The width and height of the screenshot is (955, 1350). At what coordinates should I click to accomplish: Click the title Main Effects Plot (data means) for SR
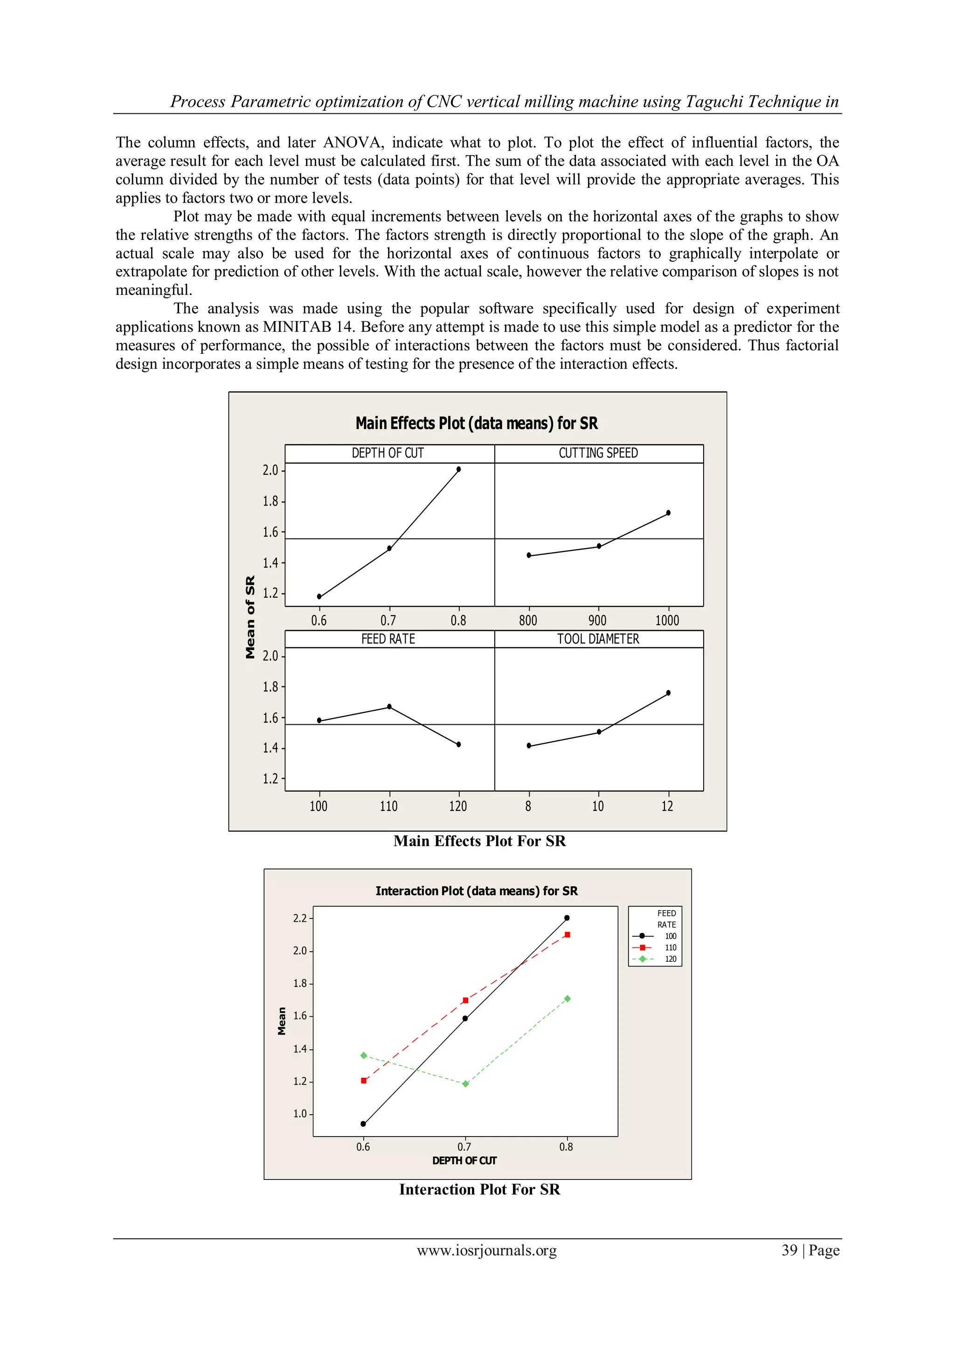(476, 423)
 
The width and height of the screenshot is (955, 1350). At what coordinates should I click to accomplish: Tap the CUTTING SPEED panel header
(598, 453)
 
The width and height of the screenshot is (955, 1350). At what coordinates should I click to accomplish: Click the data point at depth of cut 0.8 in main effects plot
(458, 469)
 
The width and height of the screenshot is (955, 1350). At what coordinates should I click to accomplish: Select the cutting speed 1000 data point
(668, 513)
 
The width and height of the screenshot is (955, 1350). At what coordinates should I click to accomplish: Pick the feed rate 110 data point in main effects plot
(389, 707)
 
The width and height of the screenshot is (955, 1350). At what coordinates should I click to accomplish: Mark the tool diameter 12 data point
(668, 692)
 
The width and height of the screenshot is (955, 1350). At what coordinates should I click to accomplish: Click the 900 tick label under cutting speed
(597, 620)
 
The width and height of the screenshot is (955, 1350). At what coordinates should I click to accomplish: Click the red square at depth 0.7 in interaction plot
(465, 1000)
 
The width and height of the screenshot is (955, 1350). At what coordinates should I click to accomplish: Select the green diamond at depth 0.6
(364, 1055)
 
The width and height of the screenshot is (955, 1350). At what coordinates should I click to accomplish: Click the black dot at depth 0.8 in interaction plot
(567, 918)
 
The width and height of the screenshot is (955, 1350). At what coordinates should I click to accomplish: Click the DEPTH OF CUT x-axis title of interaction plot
(464, 1161)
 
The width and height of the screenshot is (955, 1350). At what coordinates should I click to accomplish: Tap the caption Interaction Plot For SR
(479, 1190)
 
